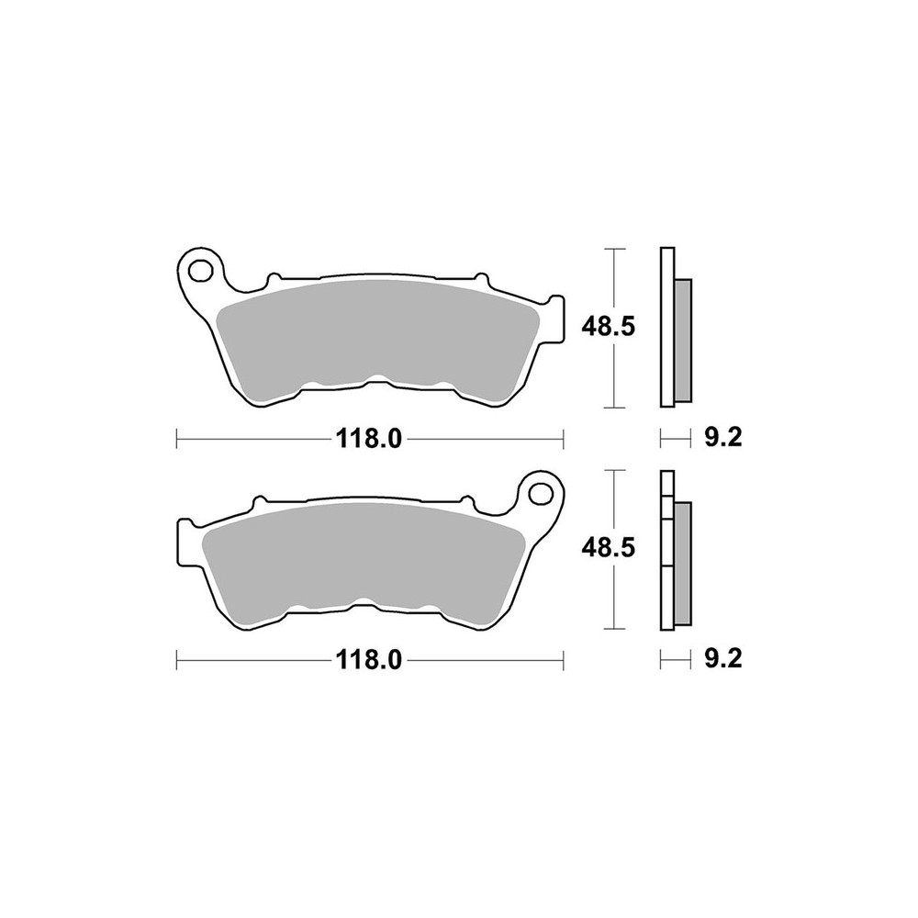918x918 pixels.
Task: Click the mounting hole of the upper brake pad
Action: (201, 270)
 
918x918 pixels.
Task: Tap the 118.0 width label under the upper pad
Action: (369, 438)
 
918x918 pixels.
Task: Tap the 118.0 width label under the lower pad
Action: (369, 660)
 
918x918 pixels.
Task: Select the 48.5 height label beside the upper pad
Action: (608, 328)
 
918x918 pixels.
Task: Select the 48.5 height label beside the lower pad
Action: (608, 549)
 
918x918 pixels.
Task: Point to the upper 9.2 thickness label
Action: (723, 438)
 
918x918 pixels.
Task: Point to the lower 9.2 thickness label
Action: (723, 660)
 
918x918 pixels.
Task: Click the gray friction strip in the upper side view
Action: (683, 341)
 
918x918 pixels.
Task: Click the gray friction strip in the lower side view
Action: (683, 563)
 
